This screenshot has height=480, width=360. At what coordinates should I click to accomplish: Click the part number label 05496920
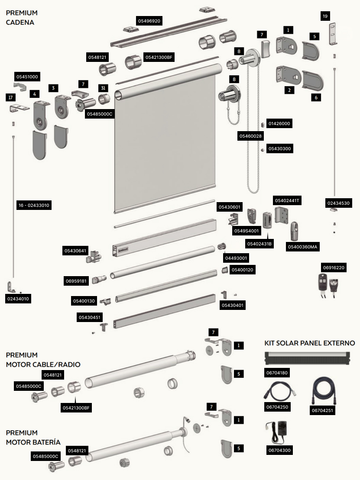click(x=149, y=21)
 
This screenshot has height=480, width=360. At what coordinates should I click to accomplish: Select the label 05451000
click(x=27, y=77)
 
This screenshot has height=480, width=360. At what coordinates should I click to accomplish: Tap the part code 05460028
click(x=251, y=136)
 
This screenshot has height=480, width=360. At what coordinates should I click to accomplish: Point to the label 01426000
click(x=279, y=123)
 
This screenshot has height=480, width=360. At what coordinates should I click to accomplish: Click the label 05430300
click(x=280, y=148)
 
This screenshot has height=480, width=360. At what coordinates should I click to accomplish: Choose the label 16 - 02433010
click(x=34, y=205)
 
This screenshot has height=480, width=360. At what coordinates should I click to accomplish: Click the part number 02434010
click(x=18, y=299)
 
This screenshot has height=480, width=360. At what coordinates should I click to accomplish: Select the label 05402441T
click(x=287, y=200)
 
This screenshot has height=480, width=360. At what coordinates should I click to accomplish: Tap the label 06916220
click(x=334, y=267)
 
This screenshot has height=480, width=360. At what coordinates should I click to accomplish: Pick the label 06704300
click(x=279, y=450)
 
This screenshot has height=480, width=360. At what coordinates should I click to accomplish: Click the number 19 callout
click(x=325, y=16)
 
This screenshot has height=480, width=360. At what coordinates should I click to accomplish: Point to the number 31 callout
click(x=103, y=88)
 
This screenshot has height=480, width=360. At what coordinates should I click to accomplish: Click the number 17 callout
click(x=11, y=97)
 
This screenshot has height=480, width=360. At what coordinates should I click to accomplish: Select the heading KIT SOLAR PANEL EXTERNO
click(x=309, y=343)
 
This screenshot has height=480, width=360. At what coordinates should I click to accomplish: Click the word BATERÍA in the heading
click(x=45, y=442)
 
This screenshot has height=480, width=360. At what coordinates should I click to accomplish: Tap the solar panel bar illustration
click(x=307, y=358)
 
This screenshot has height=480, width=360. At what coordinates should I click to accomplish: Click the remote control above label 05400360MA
click(x=295, y=231)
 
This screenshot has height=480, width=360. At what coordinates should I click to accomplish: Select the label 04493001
click(x=236, y=258)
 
